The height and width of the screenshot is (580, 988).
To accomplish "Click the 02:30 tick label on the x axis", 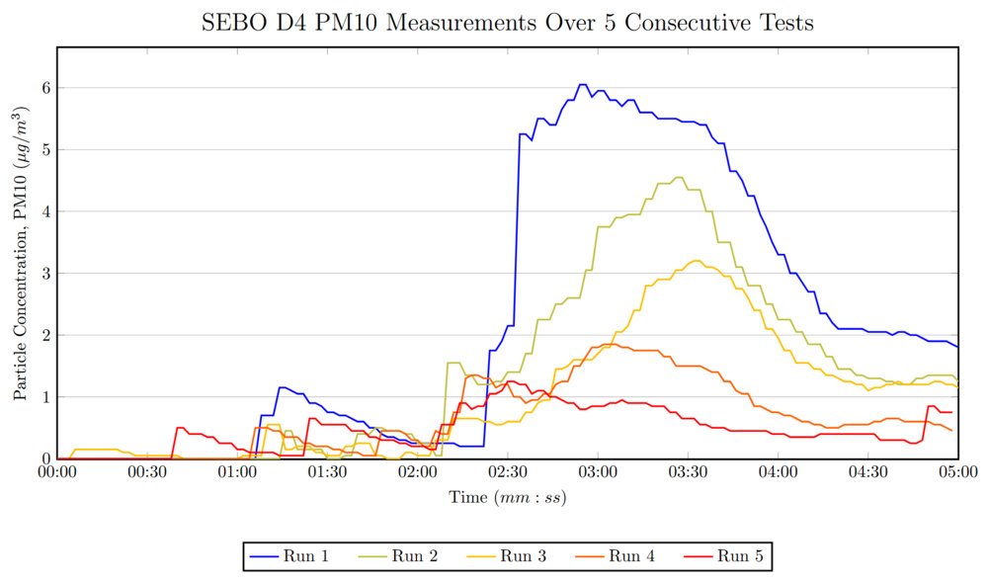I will [x=507, y=472].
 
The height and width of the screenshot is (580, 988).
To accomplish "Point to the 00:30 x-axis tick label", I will [x=146, y=472].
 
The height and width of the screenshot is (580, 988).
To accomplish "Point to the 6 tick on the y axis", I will [x=44, y=88].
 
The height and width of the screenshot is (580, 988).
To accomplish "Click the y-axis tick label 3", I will [x=44, y=274].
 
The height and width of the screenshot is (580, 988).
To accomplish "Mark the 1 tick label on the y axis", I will [x=44, y=397].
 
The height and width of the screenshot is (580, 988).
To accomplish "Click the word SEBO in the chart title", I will [x=231, y=23].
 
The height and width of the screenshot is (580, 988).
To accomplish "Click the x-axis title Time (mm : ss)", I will [x=507, y=498].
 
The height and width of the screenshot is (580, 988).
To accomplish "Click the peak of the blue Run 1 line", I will [x=583, y=85].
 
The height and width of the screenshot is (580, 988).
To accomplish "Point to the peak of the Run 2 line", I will [x=678, y=178].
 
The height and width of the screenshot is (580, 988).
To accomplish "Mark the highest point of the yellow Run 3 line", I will [x=697, y=261].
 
